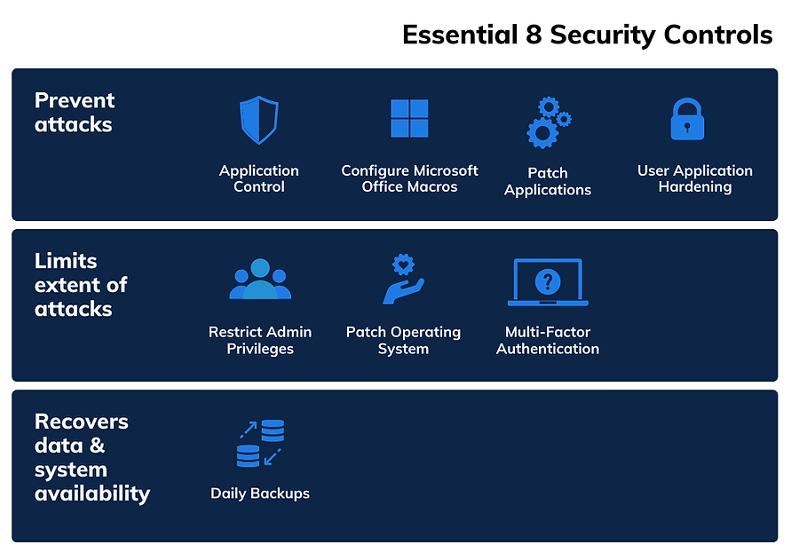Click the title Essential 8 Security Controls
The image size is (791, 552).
point(587,35)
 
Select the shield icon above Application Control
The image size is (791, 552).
point(259,120)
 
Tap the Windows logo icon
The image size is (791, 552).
point(409,118)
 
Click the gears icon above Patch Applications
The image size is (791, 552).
point(548,122)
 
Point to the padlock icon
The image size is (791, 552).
point(686,120)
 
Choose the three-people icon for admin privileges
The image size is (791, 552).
point(260,280)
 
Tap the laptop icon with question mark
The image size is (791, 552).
point(548,282)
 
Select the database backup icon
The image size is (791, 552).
point(260,444)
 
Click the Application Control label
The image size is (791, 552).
point(259,178)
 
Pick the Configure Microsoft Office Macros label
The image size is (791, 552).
point(409,178)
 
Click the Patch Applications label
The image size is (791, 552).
point(548,181)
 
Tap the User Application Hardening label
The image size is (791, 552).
point(694,178)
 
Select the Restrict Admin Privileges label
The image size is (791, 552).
point(260,340)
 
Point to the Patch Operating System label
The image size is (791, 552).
point(403,340)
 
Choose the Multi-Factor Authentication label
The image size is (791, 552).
point(548,340)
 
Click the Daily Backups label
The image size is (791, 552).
point(260,493)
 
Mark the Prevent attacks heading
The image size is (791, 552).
point(75,113)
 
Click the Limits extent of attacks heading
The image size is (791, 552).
point(81,285)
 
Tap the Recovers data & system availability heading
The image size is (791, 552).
point(91,457)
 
